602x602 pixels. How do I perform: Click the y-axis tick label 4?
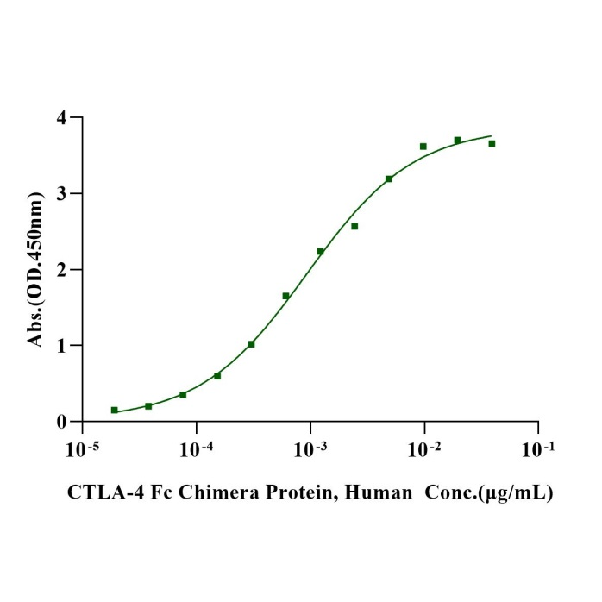point(62,117)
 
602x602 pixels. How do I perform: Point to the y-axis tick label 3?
point(62,193)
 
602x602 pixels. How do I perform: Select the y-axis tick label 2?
point(62,269)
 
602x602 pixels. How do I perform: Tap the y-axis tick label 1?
point(62,345)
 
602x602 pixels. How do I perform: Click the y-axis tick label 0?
point(62,422)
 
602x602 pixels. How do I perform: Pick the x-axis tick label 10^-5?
point(82,449)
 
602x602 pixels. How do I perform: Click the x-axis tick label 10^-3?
point(310,449)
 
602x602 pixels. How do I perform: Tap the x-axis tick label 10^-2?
point(424,449)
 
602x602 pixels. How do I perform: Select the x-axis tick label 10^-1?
point(538,449)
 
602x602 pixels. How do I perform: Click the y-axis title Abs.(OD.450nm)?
point(35,270)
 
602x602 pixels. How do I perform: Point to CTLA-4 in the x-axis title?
point(98,493)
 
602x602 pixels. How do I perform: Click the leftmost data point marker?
point(114,410)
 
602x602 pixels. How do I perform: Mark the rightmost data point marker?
point(492,143)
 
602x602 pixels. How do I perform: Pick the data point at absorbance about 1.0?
point(251,344)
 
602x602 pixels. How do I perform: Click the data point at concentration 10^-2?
point(423,147)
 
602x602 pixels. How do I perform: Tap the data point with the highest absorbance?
point(457,140)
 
